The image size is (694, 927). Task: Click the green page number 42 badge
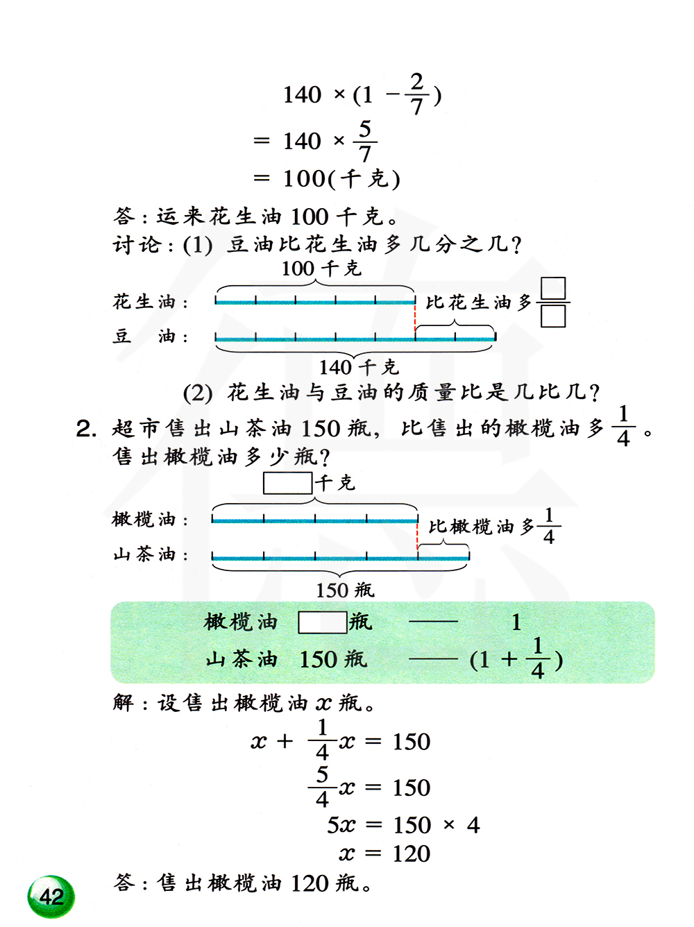point(51,896)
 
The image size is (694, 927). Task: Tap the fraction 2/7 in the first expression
point(416,94)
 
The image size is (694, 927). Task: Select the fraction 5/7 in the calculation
point(365,141)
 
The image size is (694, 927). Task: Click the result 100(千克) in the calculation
point(341,179)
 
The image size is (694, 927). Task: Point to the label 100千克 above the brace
point(321,269)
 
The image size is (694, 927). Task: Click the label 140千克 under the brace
point(358,366)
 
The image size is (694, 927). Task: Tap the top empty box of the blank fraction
point(553,288)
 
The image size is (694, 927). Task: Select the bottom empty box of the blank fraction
point(553,316)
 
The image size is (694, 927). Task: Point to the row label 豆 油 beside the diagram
point(150,337)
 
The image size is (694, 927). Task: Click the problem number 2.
point(85,429)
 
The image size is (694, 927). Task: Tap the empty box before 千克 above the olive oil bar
point(287,483)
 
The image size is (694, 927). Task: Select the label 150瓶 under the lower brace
point(344,590)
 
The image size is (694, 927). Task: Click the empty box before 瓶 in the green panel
point(322,622)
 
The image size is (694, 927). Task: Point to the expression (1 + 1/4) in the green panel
point(516,658)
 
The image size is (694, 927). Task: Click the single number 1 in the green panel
point(516,622)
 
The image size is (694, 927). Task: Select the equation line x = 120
point(384,853)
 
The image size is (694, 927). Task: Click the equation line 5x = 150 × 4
point(403,825)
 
